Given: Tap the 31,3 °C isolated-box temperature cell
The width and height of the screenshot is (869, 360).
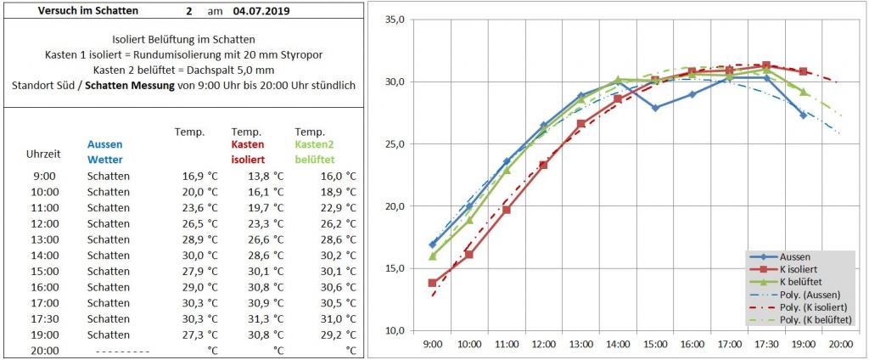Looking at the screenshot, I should [261, 318].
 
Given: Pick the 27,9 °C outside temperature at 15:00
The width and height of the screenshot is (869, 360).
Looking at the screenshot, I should [200, 271].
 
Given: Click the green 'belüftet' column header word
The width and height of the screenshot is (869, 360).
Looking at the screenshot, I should [315, 159].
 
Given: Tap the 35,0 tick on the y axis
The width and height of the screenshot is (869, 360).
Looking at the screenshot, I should [393, 19].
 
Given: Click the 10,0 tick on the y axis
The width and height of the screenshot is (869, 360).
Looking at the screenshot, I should [393, 330].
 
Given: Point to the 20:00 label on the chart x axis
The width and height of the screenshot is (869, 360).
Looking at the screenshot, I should [840, 345].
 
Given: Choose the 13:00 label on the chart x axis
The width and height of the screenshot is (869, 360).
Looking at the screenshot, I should [580, 345].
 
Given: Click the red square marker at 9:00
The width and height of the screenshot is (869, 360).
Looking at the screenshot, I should [433, 283].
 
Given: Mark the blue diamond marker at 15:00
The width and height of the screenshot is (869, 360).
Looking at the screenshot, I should [655, 108].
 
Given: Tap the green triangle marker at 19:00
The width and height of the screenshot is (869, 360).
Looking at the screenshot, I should [803, 92].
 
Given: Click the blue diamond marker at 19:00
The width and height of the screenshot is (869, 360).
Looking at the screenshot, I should [803, 115].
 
